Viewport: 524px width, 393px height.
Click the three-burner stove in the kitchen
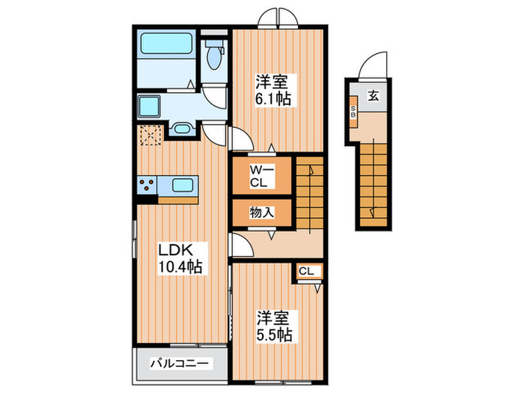coord(145,186)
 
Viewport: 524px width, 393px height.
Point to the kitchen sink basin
coord(182,185)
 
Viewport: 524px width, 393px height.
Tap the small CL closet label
coord(308,272)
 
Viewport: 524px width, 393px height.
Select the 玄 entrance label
coord(372,95)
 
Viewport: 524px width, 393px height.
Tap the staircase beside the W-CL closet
coord(308,193)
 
